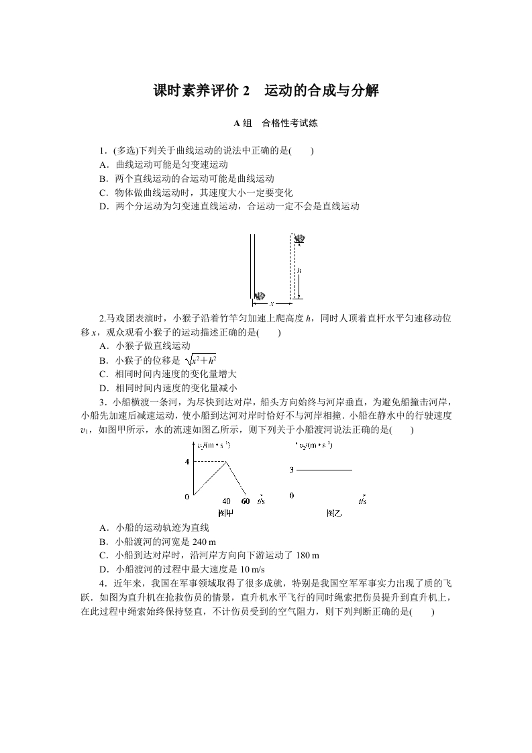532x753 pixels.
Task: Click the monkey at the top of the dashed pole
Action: tap(300, 238)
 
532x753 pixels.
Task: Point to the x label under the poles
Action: tap(272, 304)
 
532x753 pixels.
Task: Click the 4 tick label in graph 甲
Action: tap(187, 461)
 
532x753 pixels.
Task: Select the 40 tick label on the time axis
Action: tap(226, 501)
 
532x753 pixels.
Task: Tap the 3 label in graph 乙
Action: tap(292, 470)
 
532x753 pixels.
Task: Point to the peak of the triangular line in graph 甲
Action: tap(227, 461)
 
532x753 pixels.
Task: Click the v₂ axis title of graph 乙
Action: tap(319, 445)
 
